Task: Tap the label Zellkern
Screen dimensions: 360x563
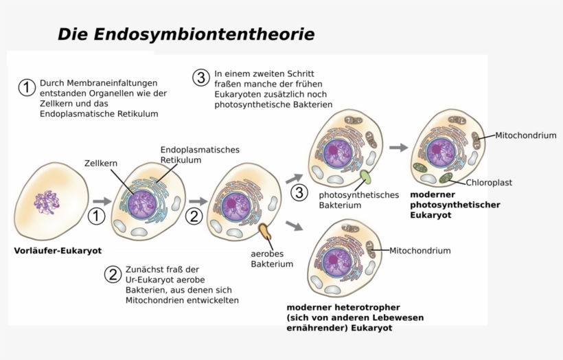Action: tap(101, 164)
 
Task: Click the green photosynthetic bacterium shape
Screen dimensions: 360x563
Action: tap(365, 177)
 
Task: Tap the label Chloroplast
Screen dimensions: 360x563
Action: tap(489, 183)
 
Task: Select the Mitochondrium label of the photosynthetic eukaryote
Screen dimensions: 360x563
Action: tap(525, 136)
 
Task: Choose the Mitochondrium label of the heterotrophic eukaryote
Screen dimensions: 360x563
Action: tap(420, 251)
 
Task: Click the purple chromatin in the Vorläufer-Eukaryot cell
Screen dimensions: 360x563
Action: tap(48, 202)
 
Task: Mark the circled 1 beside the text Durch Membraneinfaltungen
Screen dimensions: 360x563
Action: tap(27, 88)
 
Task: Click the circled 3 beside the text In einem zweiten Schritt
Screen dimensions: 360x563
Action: tap(200, 78)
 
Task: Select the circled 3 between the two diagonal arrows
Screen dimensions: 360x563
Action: tap(299, 193)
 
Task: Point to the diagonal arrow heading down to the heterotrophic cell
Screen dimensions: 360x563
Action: tap(295, 225)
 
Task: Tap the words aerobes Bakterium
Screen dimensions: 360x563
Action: tap(272, 258)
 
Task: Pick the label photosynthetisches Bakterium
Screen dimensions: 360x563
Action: tap(358, 200)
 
